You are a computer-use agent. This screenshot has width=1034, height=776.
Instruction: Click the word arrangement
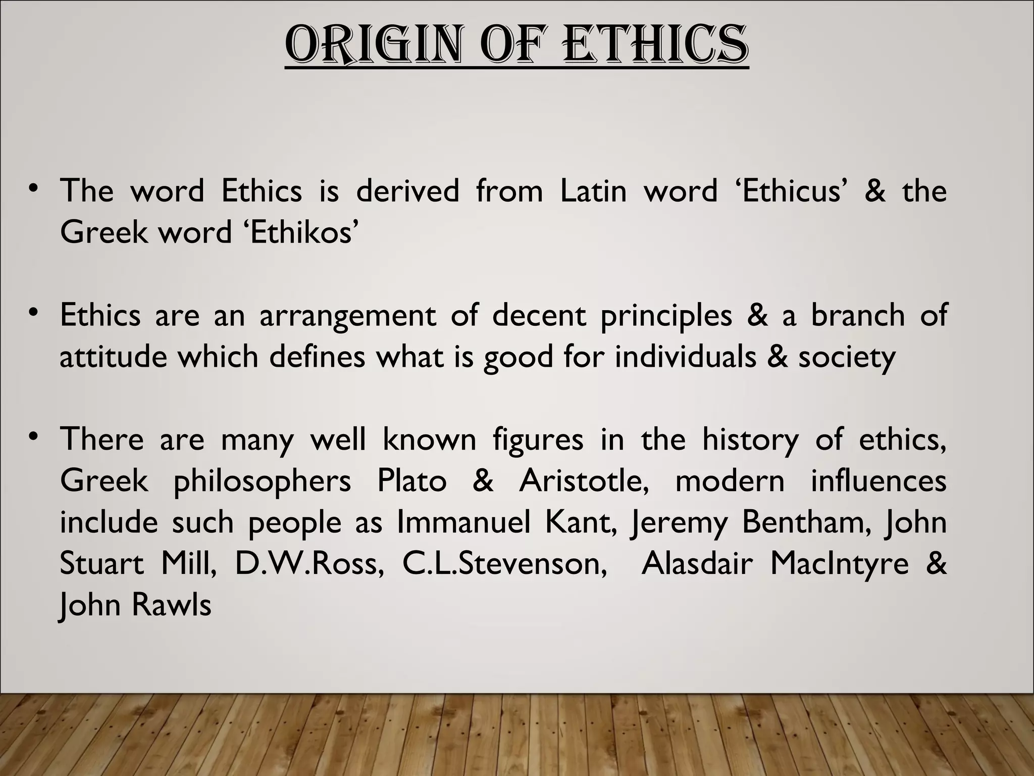pyautogui.click(x=347, y=316)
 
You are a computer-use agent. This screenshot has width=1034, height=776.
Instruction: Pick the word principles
pyautogui.click(x=666, y=316)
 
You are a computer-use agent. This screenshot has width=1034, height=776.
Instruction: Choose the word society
pyautogui.click(x=847, y=357)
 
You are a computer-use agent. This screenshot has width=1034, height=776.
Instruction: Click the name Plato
pyautogui.click(x=411, y=480)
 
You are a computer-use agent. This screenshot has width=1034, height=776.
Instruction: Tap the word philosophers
pyautogui.click(x=262, y=481)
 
